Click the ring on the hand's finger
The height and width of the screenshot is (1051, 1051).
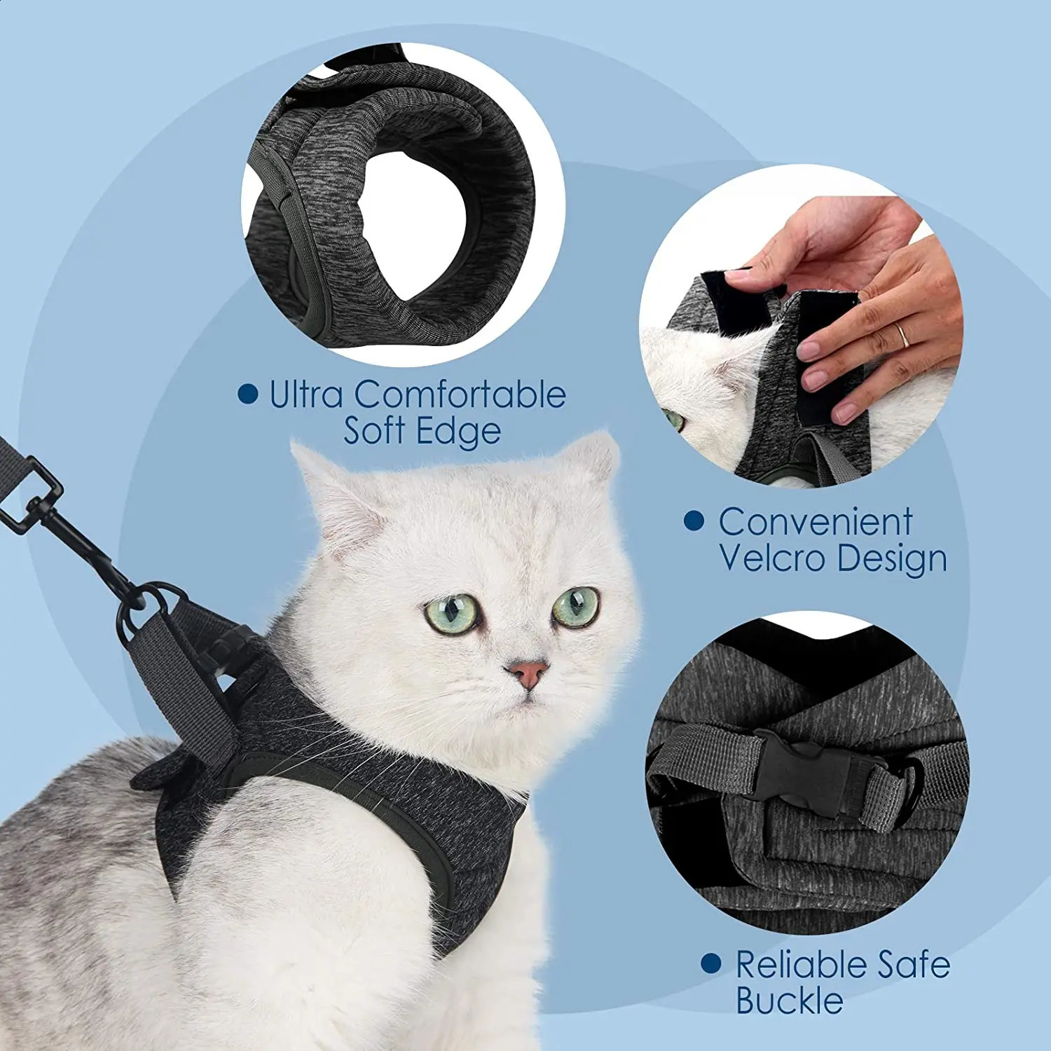(904, 336)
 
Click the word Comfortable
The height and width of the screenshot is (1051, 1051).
(460, 394)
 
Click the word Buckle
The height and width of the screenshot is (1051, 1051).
(789, 1000)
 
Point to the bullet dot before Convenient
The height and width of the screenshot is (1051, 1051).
(694, 521)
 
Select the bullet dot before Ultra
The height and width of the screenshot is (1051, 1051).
(247, 394)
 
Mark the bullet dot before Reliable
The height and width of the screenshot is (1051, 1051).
(710, 963)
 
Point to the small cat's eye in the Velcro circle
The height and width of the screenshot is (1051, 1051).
(674, 420)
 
